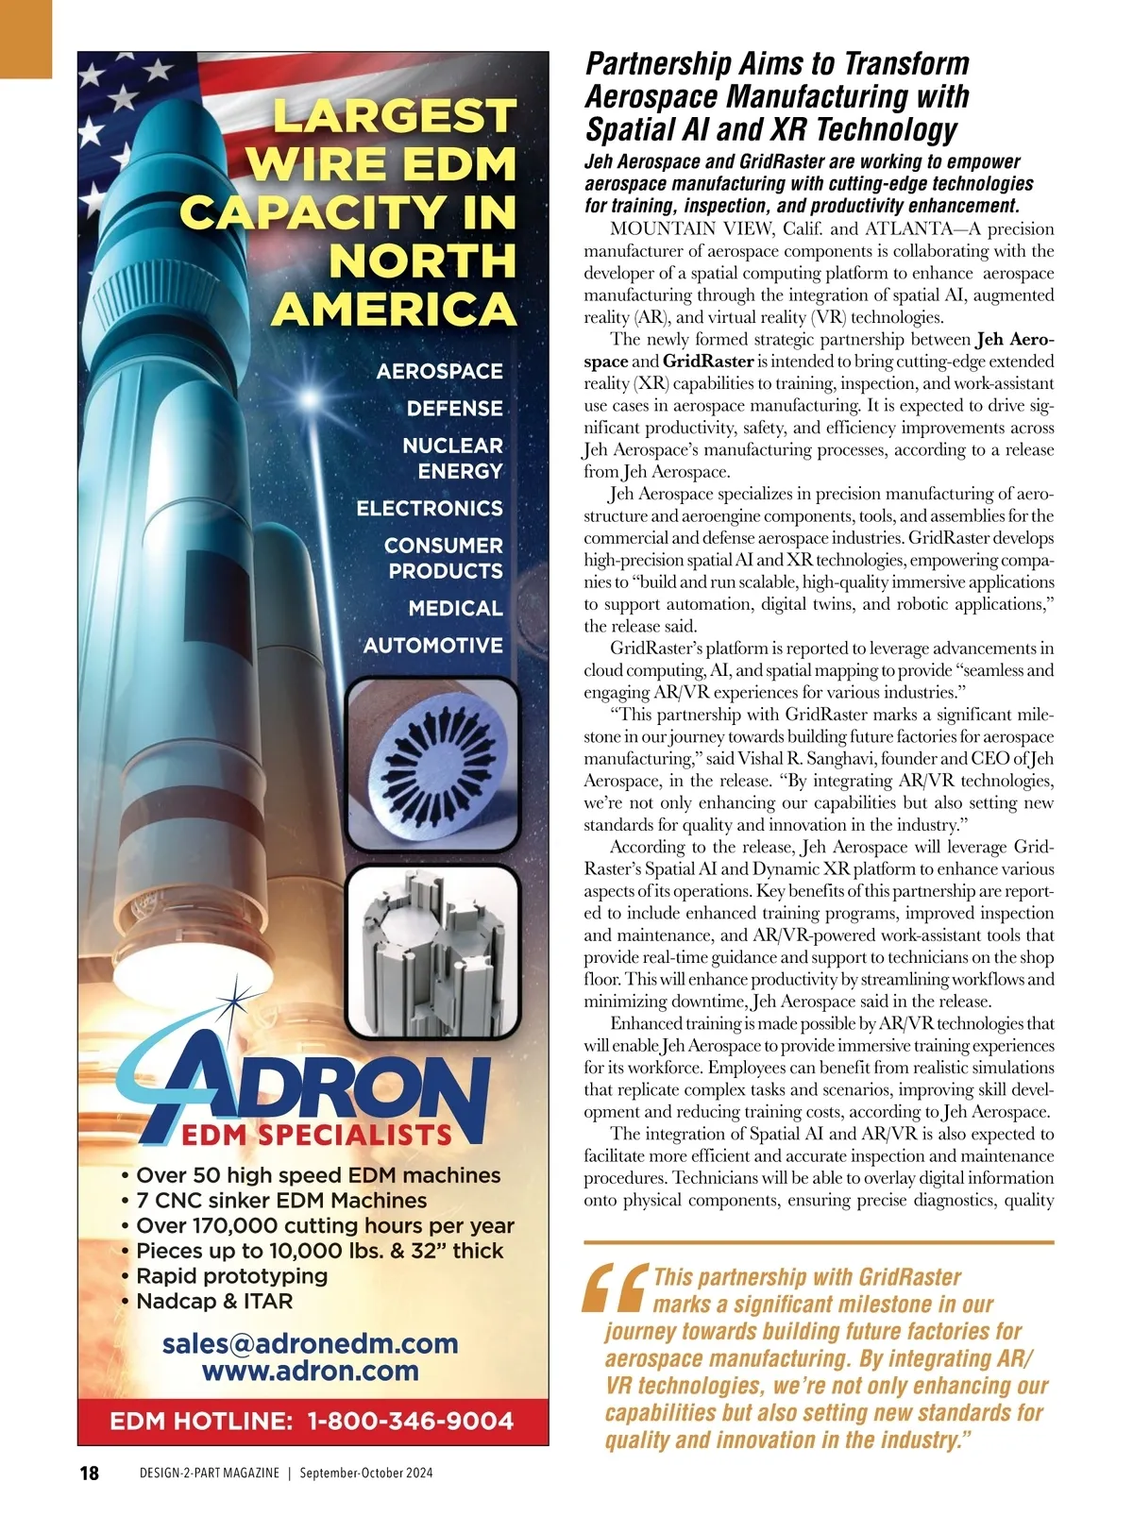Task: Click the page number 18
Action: [x=90, y=1473]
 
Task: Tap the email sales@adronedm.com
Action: [x=310, y=1343]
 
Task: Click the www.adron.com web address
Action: [x=310, y=1371]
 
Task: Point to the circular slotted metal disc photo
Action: [x=433, y=766]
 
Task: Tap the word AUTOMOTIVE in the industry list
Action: [x=433, y=646]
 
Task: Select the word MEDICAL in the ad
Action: [x=455, y=609]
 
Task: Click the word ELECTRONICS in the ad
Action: [x=430, y=509]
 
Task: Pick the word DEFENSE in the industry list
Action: [x=454, y=409]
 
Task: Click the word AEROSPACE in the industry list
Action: [x=439, y=371]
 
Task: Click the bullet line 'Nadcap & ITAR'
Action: [x=214, y=1301]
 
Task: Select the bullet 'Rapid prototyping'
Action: [x=231, y=1275]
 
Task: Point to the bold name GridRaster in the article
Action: [x=708, y=362]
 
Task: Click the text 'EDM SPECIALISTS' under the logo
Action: [x=316, y=1135]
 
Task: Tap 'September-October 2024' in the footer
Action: [x=366, y=1474]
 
